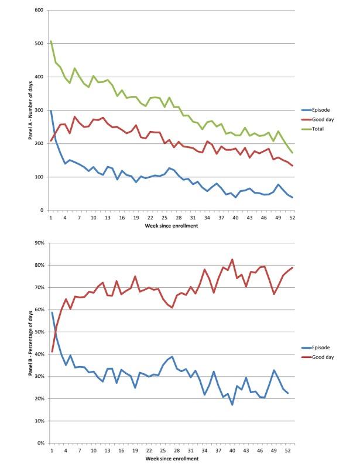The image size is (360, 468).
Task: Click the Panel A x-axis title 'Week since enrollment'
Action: tap(169, 225)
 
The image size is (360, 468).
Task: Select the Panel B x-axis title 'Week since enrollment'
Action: tap(169, 459)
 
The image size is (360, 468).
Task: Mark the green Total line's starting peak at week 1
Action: tap(51, 42)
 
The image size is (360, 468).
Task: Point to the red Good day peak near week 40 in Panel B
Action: tap(232, 259)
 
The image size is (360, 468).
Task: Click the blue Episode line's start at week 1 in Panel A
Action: tap(51, 111)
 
